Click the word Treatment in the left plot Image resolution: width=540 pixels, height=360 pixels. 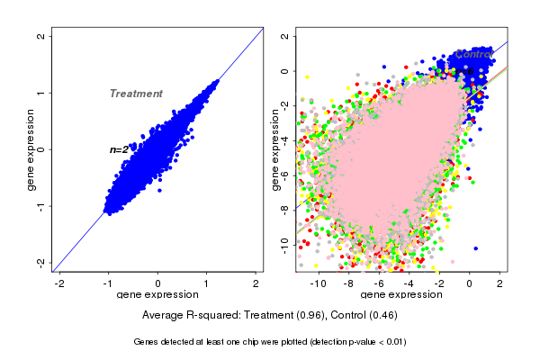pyautogui.click(x=136, y=94)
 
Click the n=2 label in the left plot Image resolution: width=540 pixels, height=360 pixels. pyautogui.click(x=119, y=149)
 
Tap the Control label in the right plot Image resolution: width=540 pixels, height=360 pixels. pyautogui.click(x=473, y=55)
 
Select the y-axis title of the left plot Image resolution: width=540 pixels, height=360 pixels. pyautogui.click(x=31, y=149)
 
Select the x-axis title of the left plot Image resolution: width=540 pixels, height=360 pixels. pyautogui.click(x=157, y=295)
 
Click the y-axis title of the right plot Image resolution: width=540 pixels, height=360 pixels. pyautogui.click(x=275, y=149)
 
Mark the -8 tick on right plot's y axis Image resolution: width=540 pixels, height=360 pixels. pyautogui.click(x=284, y=208)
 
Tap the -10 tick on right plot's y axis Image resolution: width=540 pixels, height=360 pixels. pyautogui.click(x=284, y=242)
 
